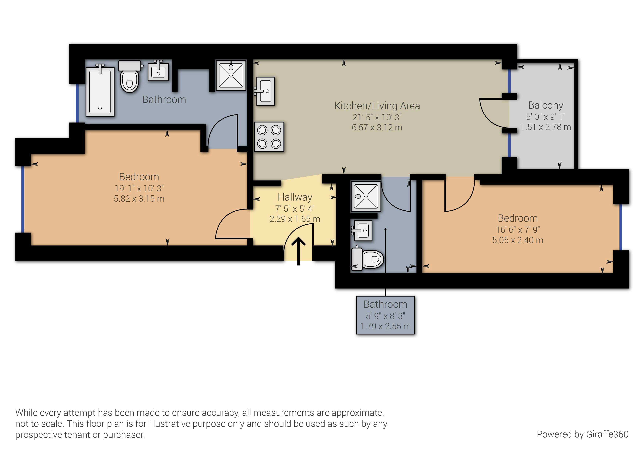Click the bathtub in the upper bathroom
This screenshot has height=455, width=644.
100,91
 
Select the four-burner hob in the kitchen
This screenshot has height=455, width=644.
269,137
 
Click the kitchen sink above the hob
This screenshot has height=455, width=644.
265,91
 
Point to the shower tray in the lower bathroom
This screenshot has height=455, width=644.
366,196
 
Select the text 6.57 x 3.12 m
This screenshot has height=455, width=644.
377,128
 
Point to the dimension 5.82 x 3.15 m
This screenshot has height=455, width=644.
139,199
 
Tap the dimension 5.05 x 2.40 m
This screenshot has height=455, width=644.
518,240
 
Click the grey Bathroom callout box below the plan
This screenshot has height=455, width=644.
385,315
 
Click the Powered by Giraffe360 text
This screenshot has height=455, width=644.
583,434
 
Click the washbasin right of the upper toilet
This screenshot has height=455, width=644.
158,71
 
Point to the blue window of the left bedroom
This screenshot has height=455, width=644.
22,200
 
